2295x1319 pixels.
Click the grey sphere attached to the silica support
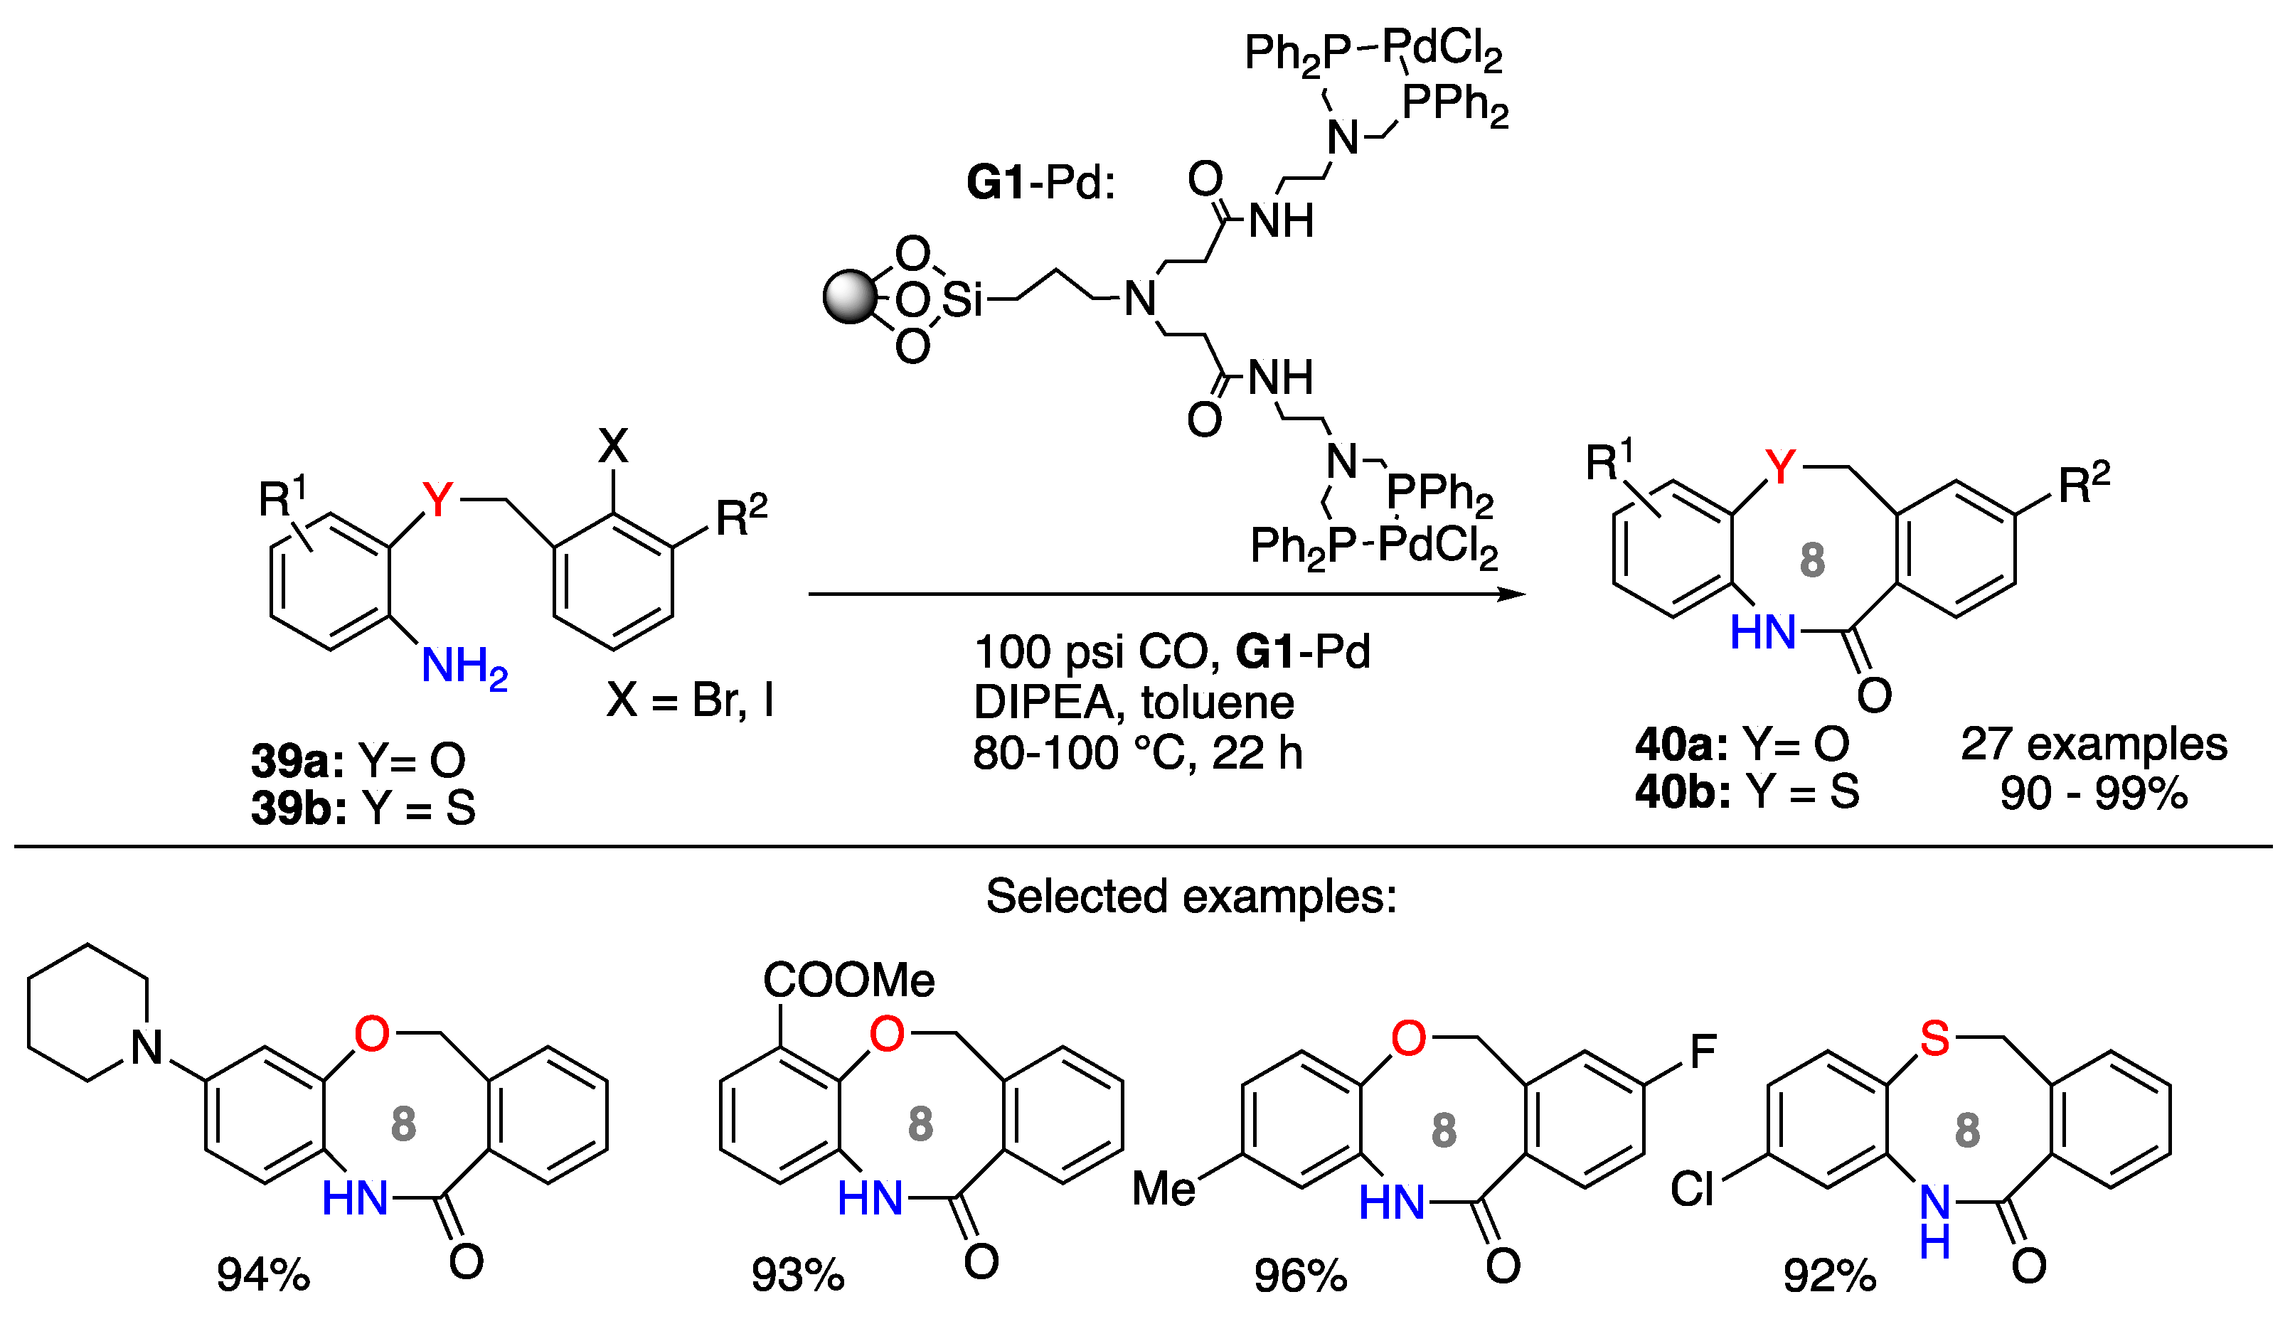click(x=850, y=297)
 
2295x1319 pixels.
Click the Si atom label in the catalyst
click(x=962, y=300)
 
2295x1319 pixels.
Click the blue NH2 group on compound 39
click(x=464, y=668)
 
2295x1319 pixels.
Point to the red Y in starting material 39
click(x=437, y=499)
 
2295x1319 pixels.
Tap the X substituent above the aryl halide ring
click(x=613, y=446)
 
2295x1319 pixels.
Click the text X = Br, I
click(x=691, y=700)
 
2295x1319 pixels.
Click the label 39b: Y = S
click(x=363, y=808)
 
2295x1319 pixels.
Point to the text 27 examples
click(x=2093, y=744)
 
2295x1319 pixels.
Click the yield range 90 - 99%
click(x=2093, y=794)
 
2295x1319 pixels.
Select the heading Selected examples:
click(x=1191, y=896)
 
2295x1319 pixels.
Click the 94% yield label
click(x=262, y=1276)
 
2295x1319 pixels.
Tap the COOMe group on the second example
click(x=848, y=981)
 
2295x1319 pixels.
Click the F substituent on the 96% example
click(x=1703, y=1052)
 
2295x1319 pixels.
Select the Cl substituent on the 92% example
click(x=1692, y=1190)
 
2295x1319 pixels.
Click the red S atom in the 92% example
click(x=1934, y=1038)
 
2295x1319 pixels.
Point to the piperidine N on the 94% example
click(x=147, y=1048)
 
